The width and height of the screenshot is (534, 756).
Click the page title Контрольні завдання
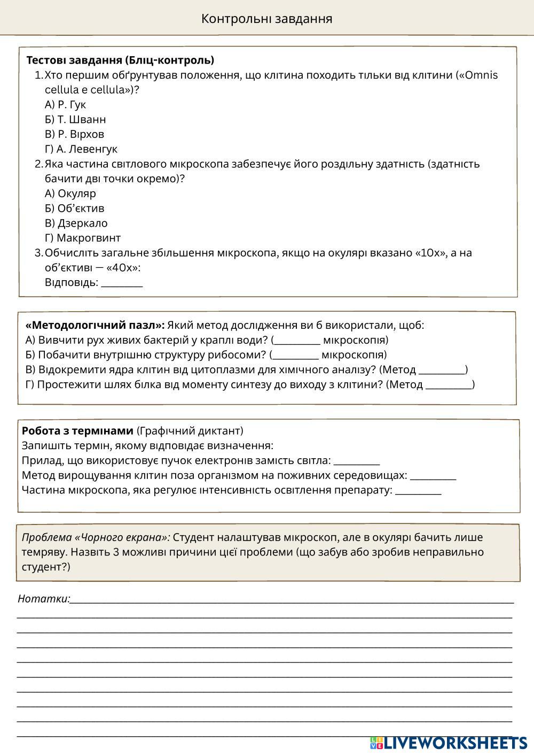click(x=266, y=19)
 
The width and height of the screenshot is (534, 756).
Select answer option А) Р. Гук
click(x=65, y=104)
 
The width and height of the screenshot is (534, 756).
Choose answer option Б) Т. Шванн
click(x=75, y=119)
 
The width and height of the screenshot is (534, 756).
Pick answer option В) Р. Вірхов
click(x=74, y=134)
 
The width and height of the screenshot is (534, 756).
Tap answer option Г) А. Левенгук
click(x=81, y=149)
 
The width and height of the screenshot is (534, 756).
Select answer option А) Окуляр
click(x=70, y=194)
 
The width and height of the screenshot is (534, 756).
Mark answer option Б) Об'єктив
click(x=74, y=209)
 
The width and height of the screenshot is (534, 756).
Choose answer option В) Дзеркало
click(x=76, y=223)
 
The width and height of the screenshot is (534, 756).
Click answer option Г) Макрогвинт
click(x=83, y=238)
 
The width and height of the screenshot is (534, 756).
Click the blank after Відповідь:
click(x=122, y=283)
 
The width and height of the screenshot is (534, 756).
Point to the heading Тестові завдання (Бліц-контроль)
click(x=120, y=60)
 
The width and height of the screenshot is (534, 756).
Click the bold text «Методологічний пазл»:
click(x=95, y=325)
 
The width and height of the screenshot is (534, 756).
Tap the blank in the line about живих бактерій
click(x=297, y=341)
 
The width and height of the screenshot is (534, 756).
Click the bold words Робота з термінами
click(x=77, y=431)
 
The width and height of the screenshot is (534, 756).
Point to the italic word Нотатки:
click(x=44, y=599)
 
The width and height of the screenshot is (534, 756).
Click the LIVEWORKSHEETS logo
click(x=449, y=743)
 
